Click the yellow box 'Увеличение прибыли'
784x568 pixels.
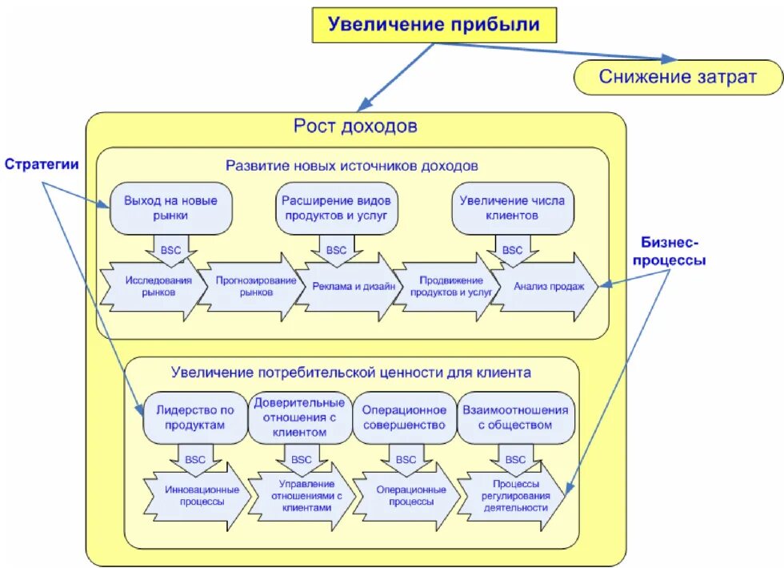434,25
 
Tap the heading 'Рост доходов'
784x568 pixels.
355,127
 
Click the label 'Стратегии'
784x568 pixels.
42,165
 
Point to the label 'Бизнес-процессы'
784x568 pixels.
671,251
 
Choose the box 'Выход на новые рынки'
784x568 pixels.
170,208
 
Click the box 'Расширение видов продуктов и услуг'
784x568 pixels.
337,208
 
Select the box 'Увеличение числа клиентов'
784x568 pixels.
511,208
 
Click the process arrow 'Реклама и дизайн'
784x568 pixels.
350,288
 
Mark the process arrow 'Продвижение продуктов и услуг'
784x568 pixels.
446,287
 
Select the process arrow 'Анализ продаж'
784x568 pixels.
546,287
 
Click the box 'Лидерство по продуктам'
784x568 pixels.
195,417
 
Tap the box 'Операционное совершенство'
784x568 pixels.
403,417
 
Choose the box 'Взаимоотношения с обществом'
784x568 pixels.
515,417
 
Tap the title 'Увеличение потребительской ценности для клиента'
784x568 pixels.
350,373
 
